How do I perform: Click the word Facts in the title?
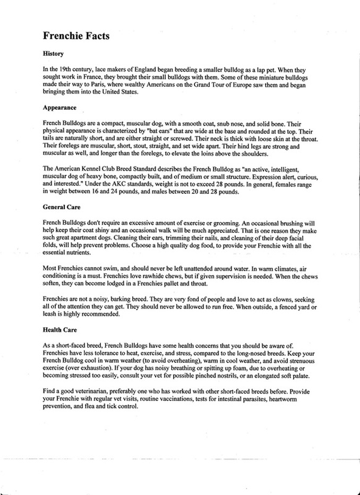95,36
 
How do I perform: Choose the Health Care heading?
59,330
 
